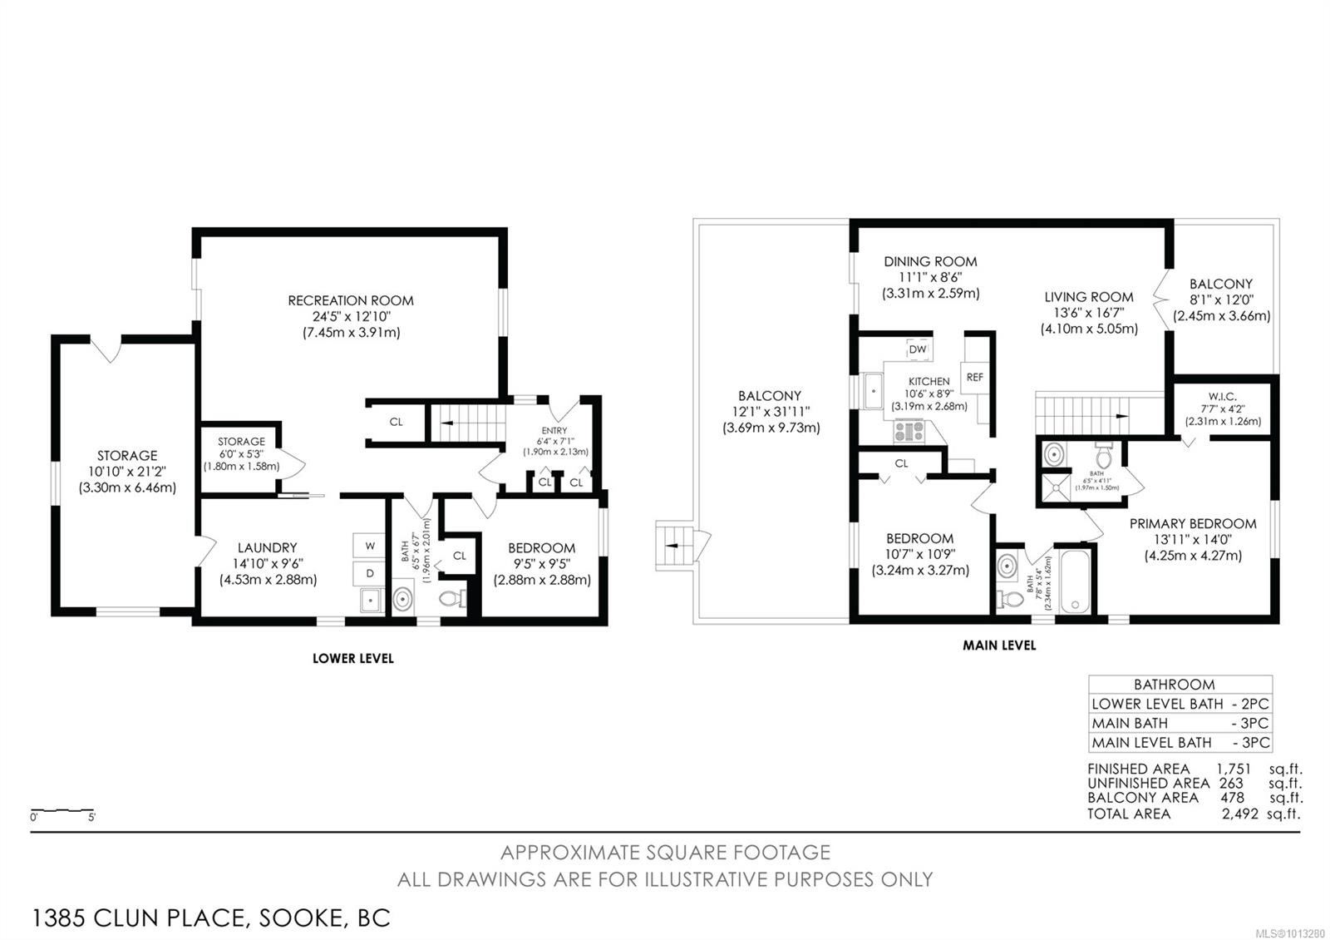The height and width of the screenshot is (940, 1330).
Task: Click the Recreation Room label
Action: pyautogui.click(x=350, y=300)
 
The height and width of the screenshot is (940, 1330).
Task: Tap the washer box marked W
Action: pyautogui.click(x=370, y=546)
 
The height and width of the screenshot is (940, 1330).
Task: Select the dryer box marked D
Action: pyautogui.click(x=370, y=573)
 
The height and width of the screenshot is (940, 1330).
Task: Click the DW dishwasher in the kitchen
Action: pyautogui.click(x=917, y=349)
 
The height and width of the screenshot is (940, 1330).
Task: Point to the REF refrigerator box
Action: pyautogui.click(x=974, y=377)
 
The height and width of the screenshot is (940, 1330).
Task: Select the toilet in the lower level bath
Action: pyautogui.click(x=452, y=598)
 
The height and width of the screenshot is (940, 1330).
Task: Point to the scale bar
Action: pyautogui.click(x=62, y=810)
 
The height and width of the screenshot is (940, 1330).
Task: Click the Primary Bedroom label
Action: pyautogui.click(x=1192, y=523)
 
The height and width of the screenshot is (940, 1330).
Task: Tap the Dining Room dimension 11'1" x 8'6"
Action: pyautogui.click(x=930, y=277)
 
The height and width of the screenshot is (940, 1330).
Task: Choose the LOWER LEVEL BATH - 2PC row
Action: pyautogui.click(x=1180, y=704)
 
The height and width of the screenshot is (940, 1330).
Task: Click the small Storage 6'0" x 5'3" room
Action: pyautogui.click(x=241, y=454)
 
